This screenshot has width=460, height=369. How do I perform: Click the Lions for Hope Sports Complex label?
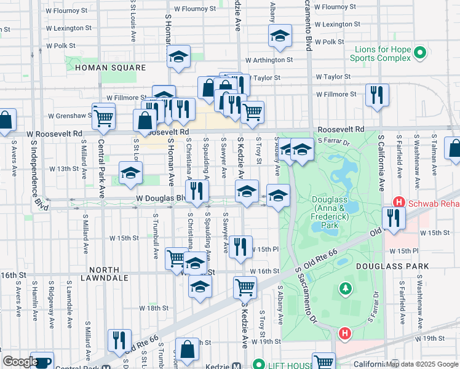(379, 54)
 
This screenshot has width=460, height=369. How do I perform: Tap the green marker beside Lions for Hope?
(420, 52)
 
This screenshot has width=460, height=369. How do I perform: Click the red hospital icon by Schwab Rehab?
(399, 202)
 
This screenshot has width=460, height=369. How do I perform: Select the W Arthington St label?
(269, 60)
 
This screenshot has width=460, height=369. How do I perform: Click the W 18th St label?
(154, 307)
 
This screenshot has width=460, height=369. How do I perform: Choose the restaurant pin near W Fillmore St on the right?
(376, 95)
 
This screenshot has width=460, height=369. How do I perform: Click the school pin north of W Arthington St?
(280, 36)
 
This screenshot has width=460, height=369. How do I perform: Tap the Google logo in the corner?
(20, 362)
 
